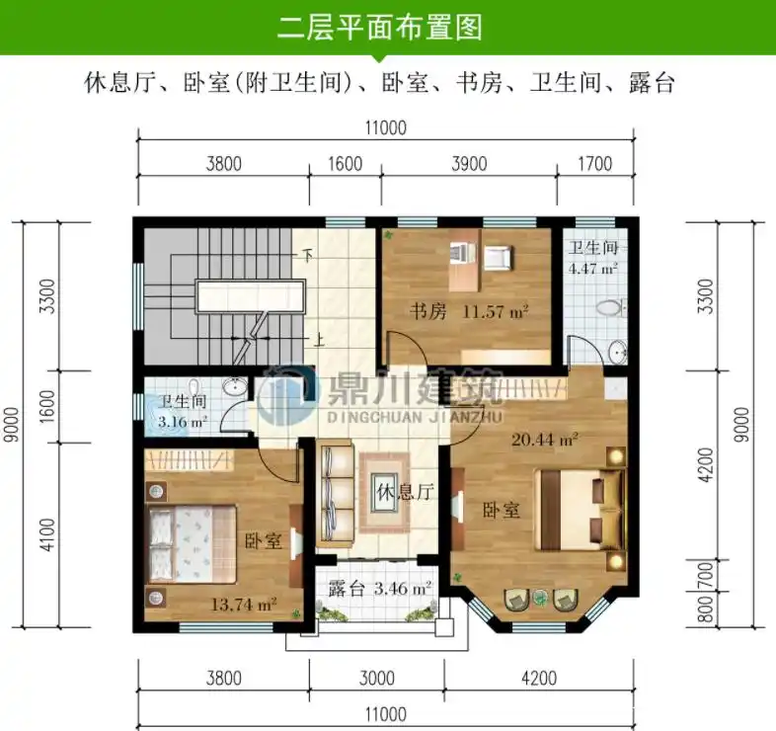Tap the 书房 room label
point(428,312)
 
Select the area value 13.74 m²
point(243,604)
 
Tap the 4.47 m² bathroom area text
point(593,268)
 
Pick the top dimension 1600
point(345,165)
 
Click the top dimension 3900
point(468,165)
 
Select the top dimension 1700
point(593,165)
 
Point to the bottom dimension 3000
point(376,679)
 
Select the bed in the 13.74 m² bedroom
point(189,544)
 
